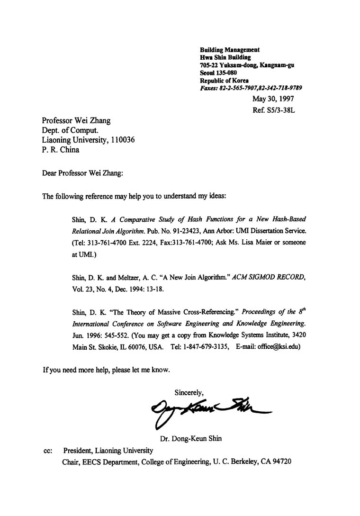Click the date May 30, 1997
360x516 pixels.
coord(273,99)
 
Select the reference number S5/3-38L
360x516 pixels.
coord(281,110)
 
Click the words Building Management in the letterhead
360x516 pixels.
coord(230,50)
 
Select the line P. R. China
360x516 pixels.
coord(61,150)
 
